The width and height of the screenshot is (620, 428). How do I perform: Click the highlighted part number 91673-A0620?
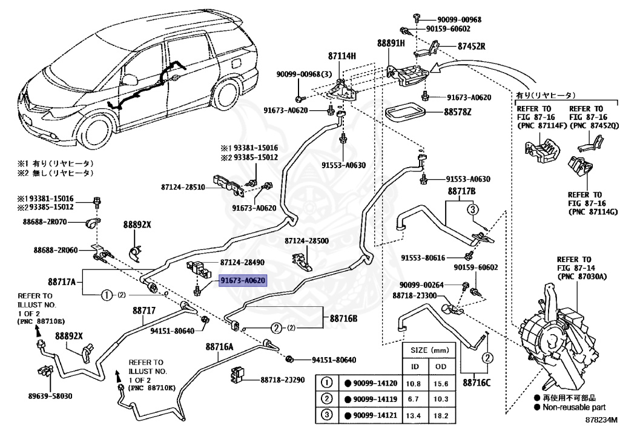point(243,280)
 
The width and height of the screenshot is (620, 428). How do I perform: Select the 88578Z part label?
point(458,112)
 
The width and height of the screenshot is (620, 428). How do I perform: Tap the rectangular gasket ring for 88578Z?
point(404,112)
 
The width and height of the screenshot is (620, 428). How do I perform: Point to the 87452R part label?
point(471,46)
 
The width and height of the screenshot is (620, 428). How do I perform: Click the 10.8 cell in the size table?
point(413,383)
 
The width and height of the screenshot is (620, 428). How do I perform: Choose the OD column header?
point(441,367)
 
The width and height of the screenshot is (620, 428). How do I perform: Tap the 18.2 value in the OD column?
point(441,416)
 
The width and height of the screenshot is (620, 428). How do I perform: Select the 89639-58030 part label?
point(50,396)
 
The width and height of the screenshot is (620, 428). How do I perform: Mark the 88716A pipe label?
point(219,347)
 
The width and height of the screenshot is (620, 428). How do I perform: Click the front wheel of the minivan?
point(96,129)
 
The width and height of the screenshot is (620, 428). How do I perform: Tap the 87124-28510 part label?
point(183,187)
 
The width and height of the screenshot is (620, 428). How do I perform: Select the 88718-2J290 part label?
point(282,380)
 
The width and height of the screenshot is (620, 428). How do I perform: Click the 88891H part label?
point(391,43)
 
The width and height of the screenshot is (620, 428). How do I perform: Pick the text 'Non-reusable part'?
point(574,407)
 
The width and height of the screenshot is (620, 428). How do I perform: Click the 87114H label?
point(341,56)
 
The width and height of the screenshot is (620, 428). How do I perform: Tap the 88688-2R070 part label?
point(45,222)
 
